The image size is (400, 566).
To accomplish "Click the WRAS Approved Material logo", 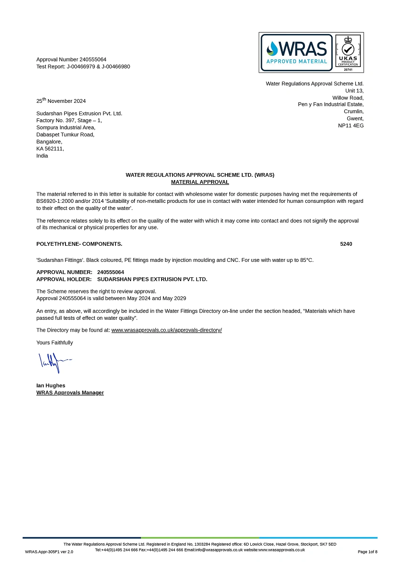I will tap(297, 52).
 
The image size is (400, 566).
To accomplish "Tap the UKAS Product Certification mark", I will tap(348, 52).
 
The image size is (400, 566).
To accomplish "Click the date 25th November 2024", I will tap(61, 100).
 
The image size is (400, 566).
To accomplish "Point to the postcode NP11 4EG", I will tap(351, 125).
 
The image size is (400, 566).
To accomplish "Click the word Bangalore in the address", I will tap(49, 141).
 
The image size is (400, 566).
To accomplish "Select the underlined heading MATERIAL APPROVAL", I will tap(200, 182).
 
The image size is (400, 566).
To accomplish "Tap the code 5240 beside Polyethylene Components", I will tap(346, 244).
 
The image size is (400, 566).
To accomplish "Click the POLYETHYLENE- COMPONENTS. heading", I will tap(79, 244).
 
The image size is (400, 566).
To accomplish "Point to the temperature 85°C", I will tap(306, 260).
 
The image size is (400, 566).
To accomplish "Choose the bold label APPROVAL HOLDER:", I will tap(64, 279).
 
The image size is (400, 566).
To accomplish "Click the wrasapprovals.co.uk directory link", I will tap(166, 330).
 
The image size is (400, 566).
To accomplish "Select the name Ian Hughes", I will tap(51, 385).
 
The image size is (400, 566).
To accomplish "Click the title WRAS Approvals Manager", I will tap(70, 392).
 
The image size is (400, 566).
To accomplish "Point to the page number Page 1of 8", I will tap(367, 551).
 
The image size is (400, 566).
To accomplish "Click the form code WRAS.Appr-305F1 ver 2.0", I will tap(49, 551).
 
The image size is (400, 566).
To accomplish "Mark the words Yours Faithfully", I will tap(55, 342).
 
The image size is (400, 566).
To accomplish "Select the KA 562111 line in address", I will tap(50, 149).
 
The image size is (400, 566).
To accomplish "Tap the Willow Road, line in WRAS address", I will tap(348, 98).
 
